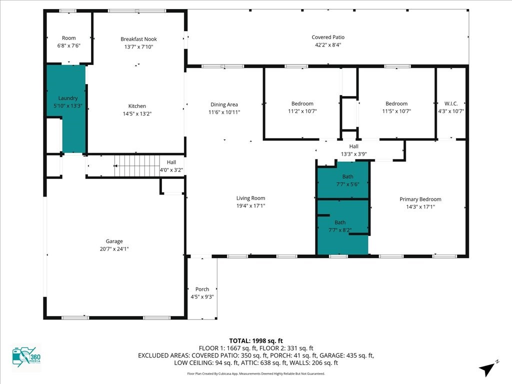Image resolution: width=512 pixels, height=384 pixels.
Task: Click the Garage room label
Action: coord(114,241)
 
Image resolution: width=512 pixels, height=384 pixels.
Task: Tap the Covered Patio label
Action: coord(328,37)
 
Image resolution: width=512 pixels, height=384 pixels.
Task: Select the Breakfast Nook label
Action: coord(139,39)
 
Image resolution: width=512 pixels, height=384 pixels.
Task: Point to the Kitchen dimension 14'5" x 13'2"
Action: coord(137,113)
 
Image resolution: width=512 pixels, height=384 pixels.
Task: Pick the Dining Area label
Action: coord(224,104)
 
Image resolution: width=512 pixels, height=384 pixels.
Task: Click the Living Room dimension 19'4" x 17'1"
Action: coord(251,205)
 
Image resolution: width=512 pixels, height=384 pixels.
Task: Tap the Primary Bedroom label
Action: coord(420,199)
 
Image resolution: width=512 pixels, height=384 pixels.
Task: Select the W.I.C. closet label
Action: coord(451,103)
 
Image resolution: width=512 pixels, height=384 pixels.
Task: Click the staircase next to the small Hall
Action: coord(137,165)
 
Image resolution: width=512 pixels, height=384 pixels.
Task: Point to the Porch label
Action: coord(202,289)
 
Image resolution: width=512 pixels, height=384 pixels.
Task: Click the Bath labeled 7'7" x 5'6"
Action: coord(343,180)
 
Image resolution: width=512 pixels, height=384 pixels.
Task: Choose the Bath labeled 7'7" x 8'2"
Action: coord(343,227)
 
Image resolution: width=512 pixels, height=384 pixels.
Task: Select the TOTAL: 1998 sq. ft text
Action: coord(256,341)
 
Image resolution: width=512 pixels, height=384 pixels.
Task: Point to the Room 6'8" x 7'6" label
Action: coord(68,42)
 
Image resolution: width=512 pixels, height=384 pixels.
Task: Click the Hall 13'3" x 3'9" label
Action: coord(354,150)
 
